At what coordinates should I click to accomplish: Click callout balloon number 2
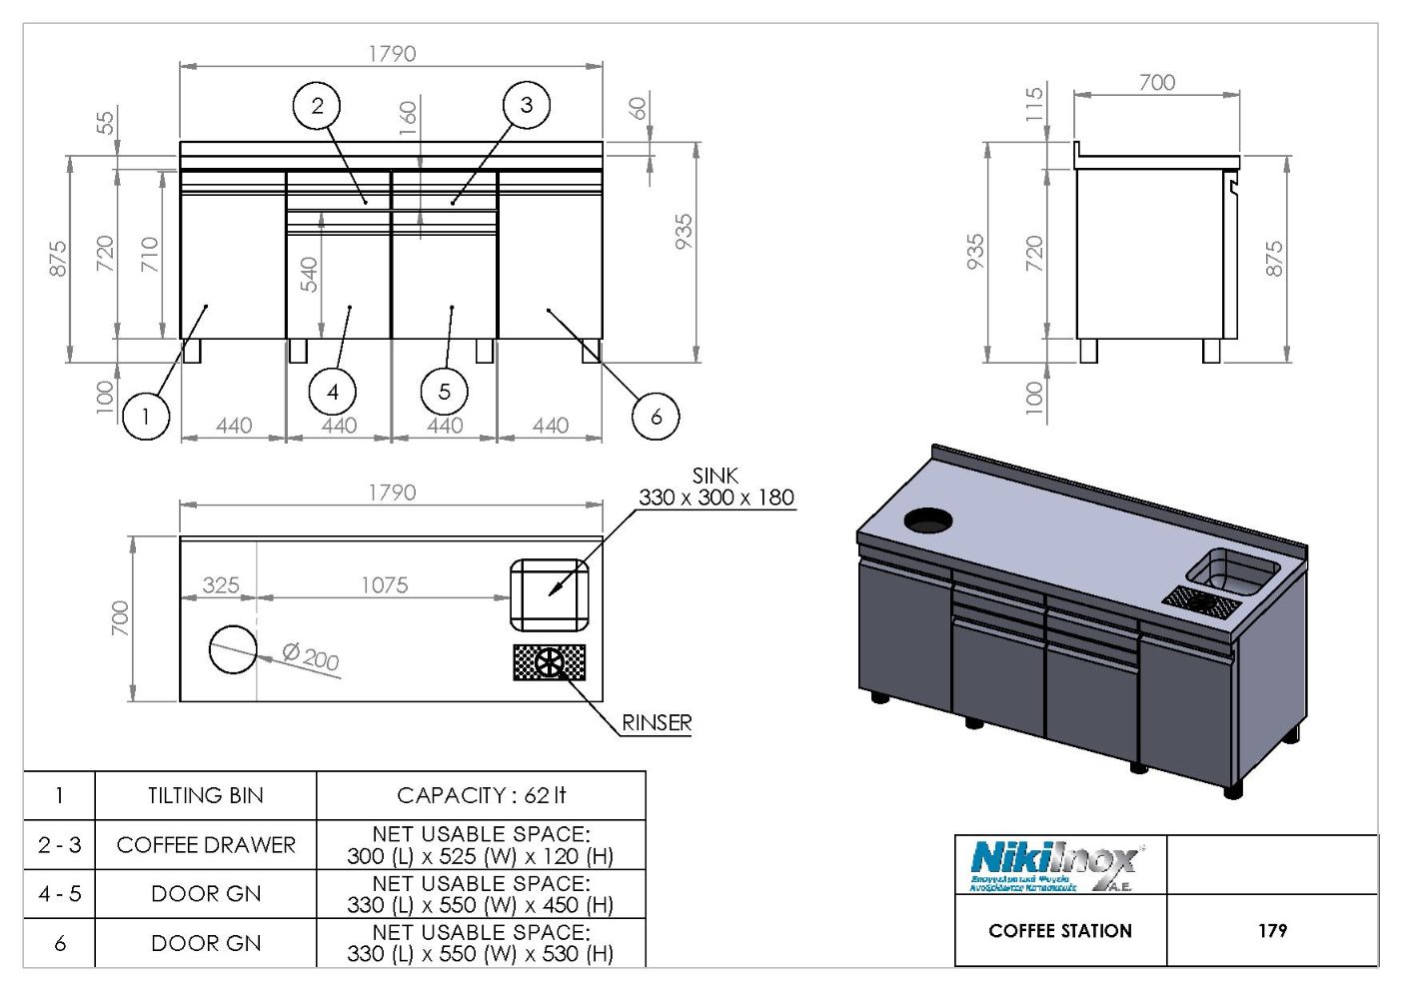318,105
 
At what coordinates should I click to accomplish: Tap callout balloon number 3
526,104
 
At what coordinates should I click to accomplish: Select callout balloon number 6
656,416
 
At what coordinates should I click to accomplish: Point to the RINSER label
657,722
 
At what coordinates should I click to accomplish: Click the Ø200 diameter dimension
311,656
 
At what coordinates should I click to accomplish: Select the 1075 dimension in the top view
384,584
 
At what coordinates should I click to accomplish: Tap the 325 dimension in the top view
221,584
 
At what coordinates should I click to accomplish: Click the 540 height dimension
309,275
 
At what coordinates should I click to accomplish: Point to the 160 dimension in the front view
408,119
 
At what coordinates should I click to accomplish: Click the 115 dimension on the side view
1034,104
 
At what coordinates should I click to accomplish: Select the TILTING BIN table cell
206,795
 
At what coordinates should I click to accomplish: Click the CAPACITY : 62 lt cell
481,795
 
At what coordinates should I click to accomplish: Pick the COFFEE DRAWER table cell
206,844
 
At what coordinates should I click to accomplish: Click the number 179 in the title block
1272,930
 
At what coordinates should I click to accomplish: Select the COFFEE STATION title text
1060,930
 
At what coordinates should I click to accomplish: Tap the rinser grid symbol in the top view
549,662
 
